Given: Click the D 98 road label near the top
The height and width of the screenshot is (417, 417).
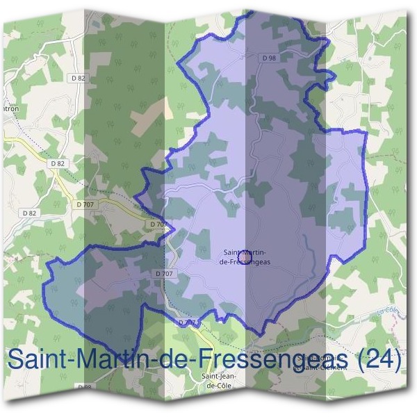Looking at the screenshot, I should (x=270, y=57).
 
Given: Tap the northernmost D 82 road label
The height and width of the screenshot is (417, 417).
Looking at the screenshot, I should (x=78, y=78).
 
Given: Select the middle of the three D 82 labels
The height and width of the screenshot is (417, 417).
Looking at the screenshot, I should (x=57, y=163).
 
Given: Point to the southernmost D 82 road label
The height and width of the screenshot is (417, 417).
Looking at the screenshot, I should (x=29, y=213).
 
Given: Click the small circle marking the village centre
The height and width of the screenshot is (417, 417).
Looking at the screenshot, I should (x=244, y=258).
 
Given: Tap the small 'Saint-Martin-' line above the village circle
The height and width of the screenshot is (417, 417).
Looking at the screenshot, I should (x=243, y=252).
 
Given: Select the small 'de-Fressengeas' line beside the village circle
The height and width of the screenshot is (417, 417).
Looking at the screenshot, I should (x=244, y=263).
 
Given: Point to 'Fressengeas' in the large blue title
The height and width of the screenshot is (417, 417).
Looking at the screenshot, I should (x=270, y=360).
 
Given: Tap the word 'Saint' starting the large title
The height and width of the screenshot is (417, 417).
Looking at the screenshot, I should (x=38, y=360).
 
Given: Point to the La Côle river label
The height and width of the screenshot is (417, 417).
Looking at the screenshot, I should (x=386, y=313).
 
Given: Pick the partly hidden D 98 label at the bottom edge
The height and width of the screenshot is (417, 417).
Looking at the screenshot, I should (x=84, y=386).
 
